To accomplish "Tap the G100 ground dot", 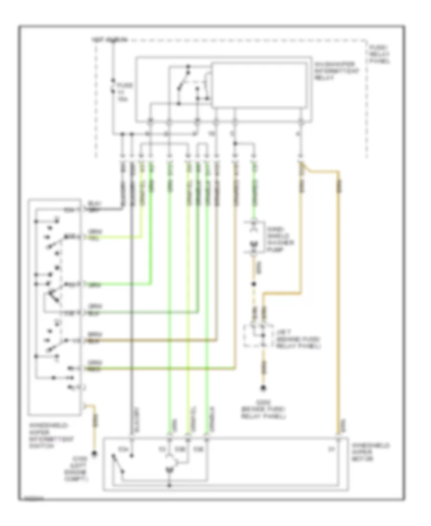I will (95, 453).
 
